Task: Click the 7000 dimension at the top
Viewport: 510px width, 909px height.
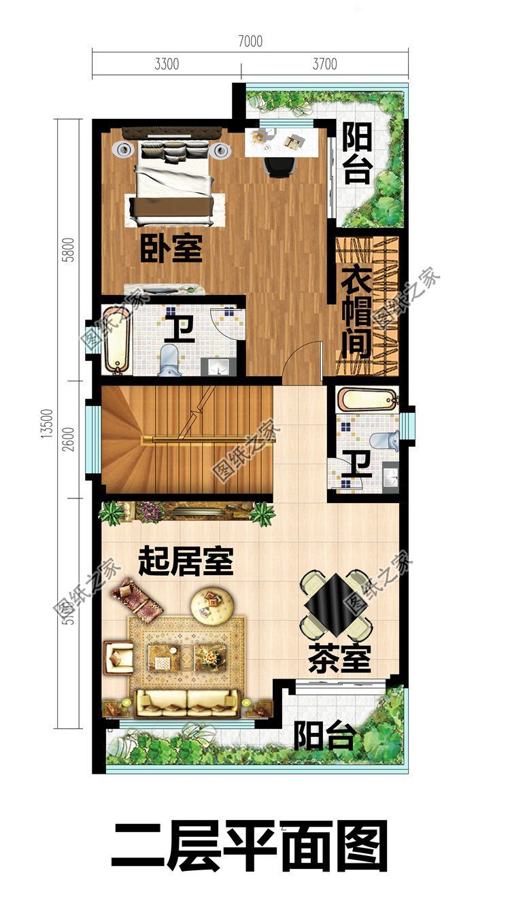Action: click(x=250, y=41)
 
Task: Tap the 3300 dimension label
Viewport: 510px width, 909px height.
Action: click(x=167, y=65)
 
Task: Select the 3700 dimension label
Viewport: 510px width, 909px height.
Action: click(x=324, y=65)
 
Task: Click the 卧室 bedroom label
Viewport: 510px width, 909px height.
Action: click(x=171, y=249)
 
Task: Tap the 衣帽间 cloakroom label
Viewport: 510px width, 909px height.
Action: click(x=356, y=312)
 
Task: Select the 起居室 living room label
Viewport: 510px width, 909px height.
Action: click(x=186, y=562)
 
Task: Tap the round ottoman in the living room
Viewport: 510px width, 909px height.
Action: click(x=213, y=605)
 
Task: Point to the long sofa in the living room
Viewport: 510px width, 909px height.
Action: click(x=187, y=702)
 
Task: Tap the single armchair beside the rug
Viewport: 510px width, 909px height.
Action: click(x=119, y=656)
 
